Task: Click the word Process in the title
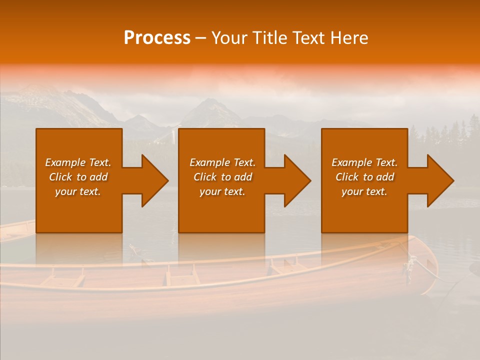[157, 38]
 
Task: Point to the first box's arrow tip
[167, 180]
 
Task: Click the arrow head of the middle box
[309, 180]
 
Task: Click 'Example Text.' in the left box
[78, 162]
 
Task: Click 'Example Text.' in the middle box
[222, 162]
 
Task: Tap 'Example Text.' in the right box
[364, 162]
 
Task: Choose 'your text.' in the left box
[78, 191]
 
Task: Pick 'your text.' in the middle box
[222, 191]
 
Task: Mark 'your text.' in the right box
[364, 191]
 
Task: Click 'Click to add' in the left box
[78, 177]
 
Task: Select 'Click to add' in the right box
[364, 177]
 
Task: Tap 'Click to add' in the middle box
[222, 177]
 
